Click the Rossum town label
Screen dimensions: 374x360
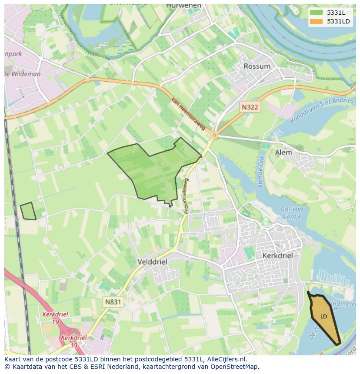pos(257,66)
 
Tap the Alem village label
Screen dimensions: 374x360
pos(283,153)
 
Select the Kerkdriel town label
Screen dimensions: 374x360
pos(277,256)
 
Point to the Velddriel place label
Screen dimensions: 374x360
pos(152,262)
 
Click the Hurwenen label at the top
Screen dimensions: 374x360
pos(183,6)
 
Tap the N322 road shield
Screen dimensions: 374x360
pos(250,106)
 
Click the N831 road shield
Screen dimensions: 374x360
pos(113,301)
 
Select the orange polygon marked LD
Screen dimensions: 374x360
pos(325,319)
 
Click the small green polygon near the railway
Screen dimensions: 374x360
pos(28,211)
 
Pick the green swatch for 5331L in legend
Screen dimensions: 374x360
pos(316,13)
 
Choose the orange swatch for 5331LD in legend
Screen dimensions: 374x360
pos(316,21)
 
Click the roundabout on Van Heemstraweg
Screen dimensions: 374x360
pos(214,135)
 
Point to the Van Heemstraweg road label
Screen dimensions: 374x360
pos(188,113)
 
